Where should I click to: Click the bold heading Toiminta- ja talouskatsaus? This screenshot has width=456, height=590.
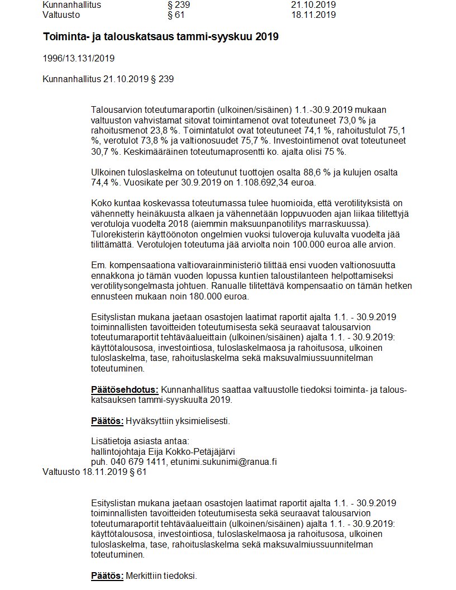point(160,37)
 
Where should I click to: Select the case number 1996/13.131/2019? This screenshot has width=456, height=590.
point(78,58)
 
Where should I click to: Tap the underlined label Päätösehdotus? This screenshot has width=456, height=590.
point(125,389)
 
